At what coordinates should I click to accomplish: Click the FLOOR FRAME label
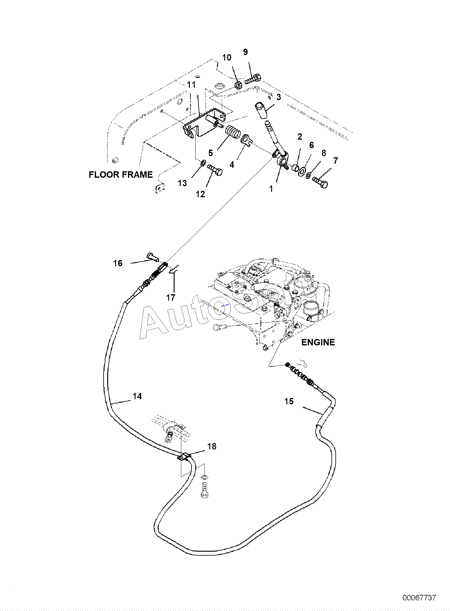click(121, 175)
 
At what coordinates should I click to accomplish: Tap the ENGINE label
click(318, 342)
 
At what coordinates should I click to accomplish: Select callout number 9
click(246, 52)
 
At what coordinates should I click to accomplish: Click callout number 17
click(171, 297)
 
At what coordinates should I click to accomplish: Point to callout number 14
click(137, 396)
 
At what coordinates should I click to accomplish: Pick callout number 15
click(289, 401)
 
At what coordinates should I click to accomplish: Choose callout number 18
click(212, 446)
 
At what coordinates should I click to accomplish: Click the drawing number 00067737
click(419, 598)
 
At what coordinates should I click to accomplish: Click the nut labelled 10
click(239, 85)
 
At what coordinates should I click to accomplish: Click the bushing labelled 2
click(295, 168)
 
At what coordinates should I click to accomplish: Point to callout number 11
click(191, 84)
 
